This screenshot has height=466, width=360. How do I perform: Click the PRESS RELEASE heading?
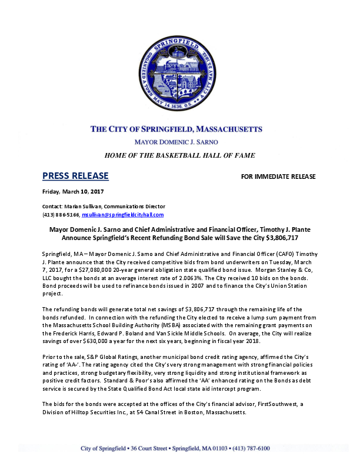pos(75,176)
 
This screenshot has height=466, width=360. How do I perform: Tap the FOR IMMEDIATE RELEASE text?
pos(279,177)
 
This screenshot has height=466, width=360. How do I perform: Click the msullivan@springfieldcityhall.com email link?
pos(129,215)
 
